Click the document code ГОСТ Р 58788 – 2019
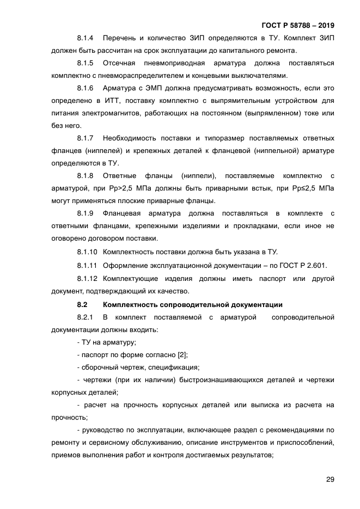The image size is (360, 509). [298, 26]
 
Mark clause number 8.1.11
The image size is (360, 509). [87, 265]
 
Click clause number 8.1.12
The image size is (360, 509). [87, 278]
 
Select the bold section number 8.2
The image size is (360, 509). [83, 304]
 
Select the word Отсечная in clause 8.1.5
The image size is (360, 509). [119, 63]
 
